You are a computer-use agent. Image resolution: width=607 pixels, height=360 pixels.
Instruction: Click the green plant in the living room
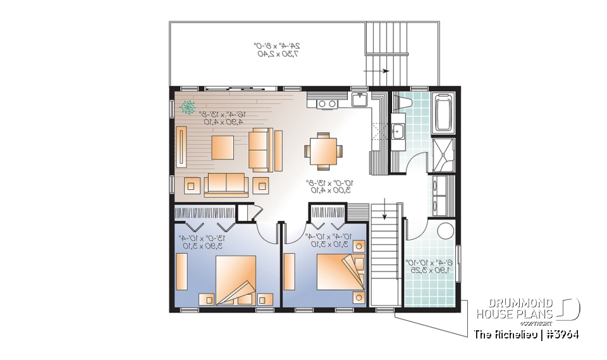188,108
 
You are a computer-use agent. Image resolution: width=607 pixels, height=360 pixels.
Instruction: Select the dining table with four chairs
323,151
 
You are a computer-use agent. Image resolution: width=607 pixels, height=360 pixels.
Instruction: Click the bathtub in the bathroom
443,113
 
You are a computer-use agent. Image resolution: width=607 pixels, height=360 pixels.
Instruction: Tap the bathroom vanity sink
399,132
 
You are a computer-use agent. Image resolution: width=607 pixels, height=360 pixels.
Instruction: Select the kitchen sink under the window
360,100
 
